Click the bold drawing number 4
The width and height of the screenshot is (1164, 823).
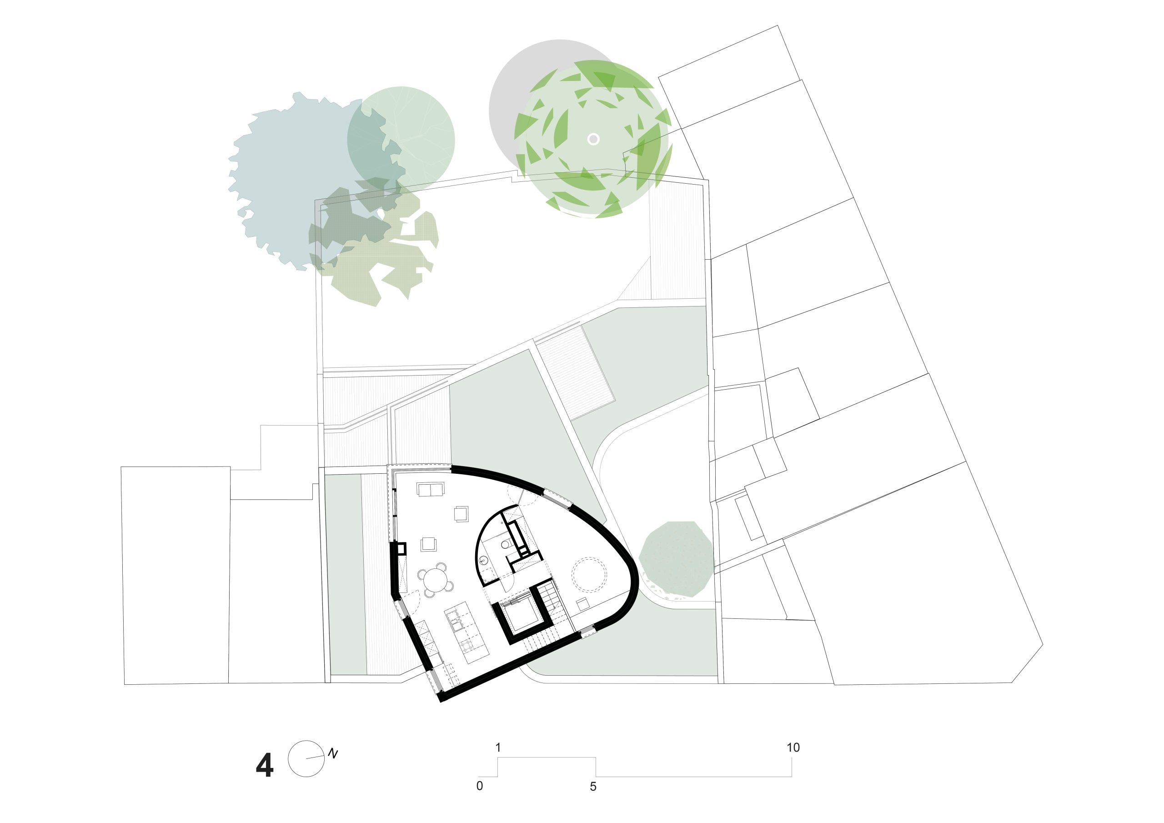coord(265,766)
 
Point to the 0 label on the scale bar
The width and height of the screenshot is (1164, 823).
coord(480,787)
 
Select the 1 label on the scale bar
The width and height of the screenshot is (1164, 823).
coord(498,748)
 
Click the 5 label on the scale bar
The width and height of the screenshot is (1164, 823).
coord(593,787)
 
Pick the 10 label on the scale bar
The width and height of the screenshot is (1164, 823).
coord(793,748)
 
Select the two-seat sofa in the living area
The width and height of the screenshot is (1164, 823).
coord(430,489)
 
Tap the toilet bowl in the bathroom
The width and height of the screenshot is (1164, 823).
coord(506,545)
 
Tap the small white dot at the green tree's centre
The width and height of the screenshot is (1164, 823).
coord(593,139)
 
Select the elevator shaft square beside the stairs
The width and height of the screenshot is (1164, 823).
coord(522,614)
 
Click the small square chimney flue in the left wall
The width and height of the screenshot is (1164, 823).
coord(401,549)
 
